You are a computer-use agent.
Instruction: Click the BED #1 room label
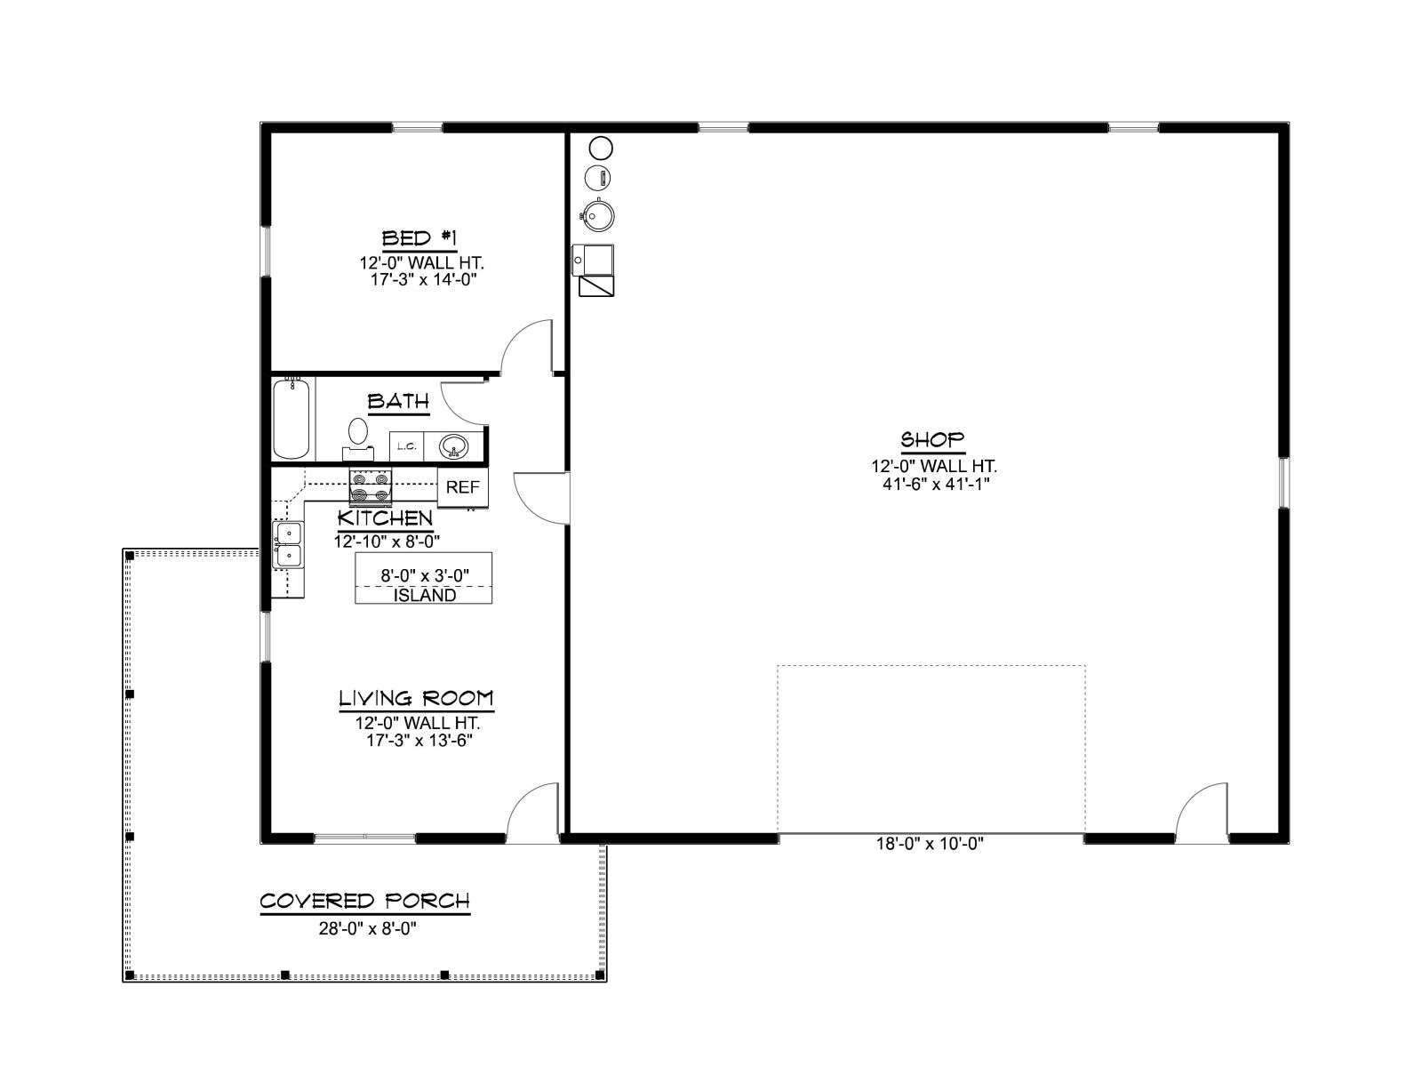419,238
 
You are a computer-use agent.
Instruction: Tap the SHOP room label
932,440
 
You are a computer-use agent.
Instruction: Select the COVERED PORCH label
364,901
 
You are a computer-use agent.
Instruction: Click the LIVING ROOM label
416,698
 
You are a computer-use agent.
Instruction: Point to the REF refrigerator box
462,486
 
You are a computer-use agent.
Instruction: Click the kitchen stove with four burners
371,486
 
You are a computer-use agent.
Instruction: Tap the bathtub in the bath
292,419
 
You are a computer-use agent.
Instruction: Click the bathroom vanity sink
453,446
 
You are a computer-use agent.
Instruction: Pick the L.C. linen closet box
406,446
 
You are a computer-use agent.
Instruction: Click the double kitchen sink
288,545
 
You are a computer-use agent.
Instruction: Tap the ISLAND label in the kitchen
424,596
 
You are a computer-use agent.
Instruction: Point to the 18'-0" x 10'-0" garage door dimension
931,844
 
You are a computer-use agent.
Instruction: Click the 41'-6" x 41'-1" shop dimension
936,484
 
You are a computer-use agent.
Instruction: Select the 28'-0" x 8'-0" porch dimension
367,929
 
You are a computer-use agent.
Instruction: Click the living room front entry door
531,813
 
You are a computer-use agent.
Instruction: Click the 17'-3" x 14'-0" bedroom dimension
424,280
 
